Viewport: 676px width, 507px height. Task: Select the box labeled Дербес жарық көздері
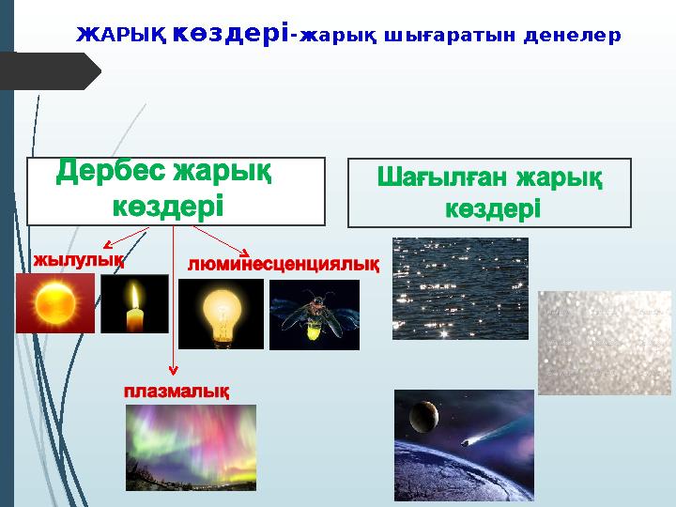pos(176,192)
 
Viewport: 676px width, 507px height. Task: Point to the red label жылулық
pos(79,258)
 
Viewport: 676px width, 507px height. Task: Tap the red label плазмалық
pos(177,390)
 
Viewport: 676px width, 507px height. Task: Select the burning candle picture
pos(134,304)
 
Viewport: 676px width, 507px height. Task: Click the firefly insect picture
pos(314,315)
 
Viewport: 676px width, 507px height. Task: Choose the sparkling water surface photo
pos(460,287)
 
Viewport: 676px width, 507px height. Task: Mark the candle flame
pos(135,298)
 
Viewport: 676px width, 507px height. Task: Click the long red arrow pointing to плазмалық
pos(171,310)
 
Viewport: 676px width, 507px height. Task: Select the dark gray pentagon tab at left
pos(51,71)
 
